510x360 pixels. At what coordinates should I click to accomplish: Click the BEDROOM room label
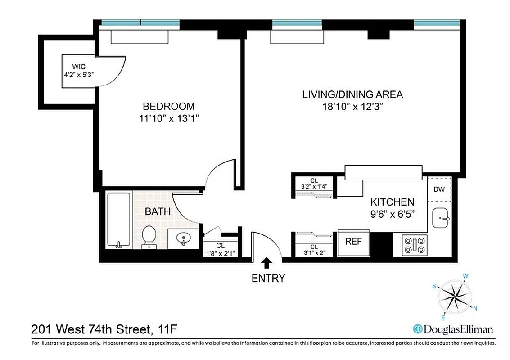tap(169, 107)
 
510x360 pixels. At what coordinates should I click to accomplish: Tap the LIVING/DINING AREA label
tap(352, 94)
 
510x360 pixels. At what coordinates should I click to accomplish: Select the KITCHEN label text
tap(392, 202)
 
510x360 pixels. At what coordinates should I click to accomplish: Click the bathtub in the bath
tap(119, 219)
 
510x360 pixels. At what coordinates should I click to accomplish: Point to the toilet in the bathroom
tap(149, 237)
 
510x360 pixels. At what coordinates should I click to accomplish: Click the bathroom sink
tap(184, 238)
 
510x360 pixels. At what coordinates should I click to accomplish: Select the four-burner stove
tap(415, 245)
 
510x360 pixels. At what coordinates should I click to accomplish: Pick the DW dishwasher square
tap(439, 189)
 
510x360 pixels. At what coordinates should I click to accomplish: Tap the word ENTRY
tap(268, 278)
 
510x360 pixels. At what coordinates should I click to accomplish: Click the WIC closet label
tap(79, 67)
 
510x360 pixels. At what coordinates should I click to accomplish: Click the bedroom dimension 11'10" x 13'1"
tap(169, 119)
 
